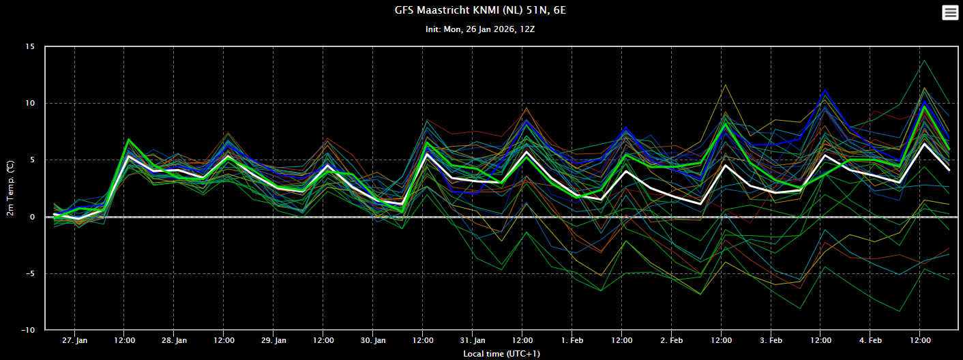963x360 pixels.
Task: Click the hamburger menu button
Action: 950,13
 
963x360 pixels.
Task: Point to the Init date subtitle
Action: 480,29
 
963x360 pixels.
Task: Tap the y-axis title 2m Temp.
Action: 10,188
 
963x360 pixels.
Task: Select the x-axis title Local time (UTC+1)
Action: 501,354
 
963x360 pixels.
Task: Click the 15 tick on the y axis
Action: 30,46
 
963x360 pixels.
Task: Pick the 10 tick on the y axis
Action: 30,103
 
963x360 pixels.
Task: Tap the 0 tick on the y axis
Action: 32,217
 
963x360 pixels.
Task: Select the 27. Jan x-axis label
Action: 75,341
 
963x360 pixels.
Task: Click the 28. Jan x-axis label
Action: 174,341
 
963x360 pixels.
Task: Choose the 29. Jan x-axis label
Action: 274,341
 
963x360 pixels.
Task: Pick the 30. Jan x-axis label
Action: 373,341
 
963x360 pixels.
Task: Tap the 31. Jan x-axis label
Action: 473,341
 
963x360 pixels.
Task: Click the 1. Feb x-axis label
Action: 572,341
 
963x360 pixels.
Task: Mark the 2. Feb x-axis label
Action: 672,341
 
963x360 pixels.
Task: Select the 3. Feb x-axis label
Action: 771,341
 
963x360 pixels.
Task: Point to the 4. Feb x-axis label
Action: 870,341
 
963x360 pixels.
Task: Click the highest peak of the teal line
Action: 925,61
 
